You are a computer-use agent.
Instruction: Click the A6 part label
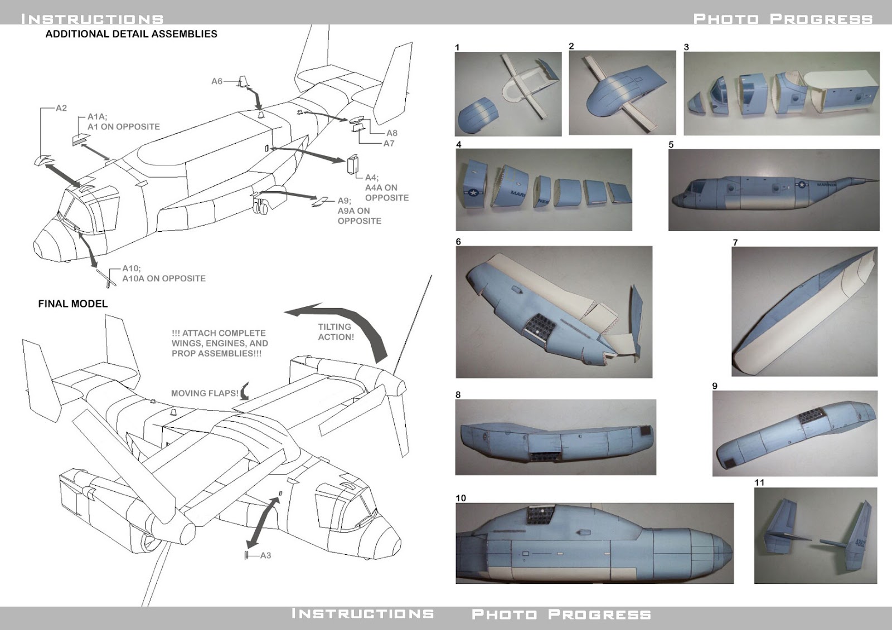[216, 81]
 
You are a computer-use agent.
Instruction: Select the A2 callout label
[61, 108]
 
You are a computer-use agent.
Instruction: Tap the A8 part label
[392, 133]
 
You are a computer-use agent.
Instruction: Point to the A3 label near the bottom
[265, 555]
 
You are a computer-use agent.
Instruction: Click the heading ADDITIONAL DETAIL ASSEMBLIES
[131, 34]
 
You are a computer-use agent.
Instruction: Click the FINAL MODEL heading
[72, 304]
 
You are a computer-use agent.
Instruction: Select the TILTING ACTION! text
[336, 332]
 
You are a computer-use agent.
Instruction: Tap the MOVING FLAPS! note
[205, 393]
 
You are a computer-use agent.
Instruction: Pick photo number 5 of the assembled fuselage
[773, 190]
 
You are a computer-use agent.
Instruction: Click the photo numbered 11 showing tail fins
[815, 535]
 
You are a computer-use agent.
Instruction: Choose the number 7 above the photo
[735, 242]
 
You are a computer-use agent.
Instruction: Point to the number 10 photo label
[460, 498]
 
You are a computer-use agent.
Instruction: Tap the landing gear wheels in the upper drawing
[260, 208]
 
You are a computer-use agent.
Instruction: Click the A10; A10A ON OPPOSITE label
[163, 274]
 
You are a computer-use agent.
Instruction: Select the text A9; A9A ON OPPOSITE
[359, 211]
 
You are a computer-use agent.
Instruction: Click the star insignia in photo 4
[473, 193]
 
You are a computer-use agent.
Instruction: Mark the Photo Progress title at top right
[783, 19]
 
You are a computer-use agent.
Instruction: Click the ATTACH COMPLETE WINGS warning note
[219, 343]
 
